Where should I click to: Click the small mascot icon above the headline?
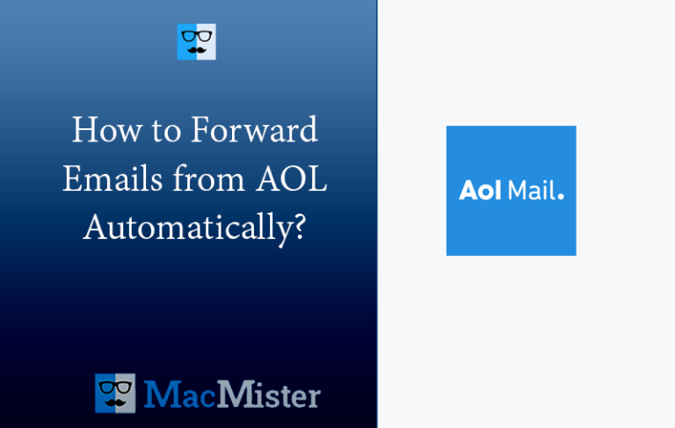pyautogui.click(x=196, y=42)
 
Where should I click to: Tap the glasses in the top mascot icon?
pyautogui.click(x=196, y=37)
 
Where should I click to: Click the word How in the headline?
pyautogui.click(x=97, y=132)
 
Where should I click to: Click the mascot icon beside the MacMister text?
pyautogui.click(x=115, y=394)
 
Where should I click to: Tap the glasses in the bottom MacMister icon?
pyautogui.click(x=115, y=388)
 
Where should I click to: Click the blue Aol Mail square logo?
pyautogui.click(x=511, y=191)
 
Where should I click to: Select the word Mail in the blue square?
pyautogui.click(x=529, y=191)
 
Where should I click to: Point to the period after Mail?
pyautogui.click(x=561, y=196)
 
